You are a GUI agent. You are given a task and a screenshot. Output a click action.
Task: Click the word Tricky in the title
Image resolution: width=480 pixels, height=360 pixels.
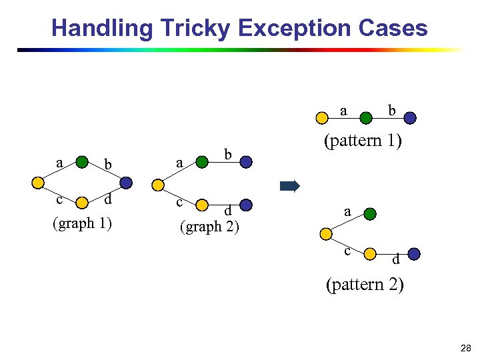pos(195,28)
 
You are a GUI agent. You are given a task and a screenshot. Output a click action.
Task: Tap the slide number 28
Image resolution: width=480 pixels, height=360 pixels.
pos(465,348)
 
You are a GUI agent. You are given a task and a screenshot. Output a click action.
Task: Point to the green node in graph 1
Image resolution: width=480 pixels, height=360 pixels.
pos(81,161)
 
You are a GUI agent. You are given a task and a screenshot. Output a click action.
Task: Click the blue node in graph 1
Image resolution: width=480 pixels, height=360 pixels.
pos(126,182)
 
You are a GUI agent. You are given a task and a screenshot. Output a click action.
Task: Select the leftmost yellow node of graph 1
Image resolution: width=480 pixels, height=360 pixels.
pos(38,182)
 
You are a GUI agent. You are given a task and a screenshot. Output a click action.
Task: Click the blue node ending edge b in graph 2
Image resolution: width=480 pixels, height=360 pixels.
pos(246,161)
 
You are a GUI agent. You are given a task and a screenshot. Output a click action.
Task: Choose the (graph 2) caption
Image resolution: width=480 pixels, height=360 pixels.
pos(210,227)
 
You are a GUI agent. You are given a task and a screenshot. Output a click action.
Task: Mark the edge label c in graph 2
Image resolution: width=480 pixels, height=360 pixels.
pos(179,201)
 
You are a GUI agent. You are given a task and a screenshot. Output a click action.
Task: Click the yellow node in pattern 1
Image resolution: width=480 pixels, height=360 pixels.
pos(321,118)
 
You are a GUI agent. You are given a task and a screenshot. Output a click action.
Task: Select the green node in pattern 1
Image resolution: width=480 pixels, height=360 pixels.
pos(366,118)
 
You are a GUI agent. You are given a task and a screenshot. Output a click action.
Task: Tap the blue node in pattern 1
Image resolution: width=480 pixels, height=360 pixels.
pos(411,118)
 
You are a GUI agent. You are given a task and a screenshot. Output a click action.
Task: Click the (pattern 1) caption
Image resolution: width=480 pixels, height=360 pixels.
pos(362,141)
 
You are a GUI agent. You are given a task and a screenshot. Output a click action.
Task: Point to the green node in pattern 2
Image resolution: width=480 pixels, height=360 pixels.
pos(370,214)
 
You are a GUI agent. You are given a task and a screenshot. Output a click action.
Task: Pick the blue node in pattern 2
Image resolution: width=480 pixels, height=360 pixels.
pos(413,253)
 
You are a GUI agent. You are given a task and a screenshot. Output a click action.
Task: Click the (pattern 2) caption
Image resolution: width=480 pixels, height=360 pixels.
pos(364,285)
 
